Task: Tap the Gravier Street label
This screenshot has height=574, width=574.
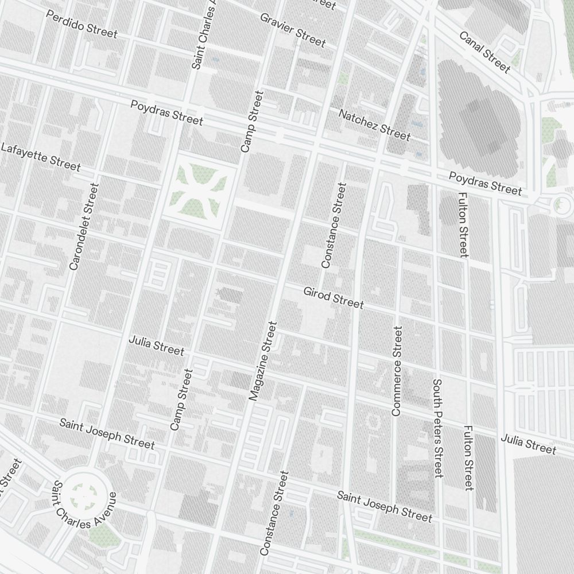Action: tap(293, 30)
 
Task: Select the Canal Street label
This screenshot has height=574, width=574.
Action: tap(484, 52)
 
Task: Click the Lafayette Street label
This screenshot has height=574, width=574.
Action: tap(40, 156)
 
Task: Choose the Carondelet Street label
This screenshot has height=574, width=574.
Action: tap(84, 226)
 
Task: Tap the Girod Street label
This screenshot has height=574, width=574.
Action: tap(333, 298)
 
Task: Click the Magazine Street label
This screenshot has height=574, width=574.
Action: tap(263, 360)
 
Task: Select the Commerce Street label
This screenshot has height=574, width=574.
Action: tap(397, 371)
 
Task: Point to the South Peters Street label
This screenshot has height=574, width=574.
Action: tap(438, 428)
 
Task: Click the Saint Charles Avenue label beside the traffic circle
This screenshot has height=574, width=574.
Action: tap(85, 510)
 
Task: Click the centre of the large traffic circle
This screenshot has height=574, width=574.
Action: tap(87, 492)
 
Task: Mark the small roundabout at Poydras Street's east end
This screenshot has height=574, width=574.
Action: tap(561, 203)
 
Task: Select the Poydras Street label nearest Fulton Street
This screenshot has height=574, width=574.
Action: tap(485, 183)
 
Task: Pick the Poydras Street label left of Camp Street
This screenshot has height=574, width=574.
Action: tap(166, 113)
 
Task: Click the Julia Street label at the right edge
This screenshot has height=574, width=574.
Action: tap(528, 444)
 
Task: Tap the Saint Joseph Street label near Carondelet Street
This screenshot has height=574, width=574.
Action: tap(107, 433)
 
